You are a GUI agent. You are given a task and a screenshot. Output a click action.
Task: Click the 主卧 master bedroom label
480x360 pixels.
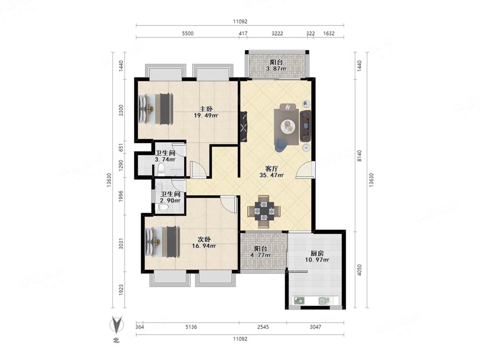click(206, 108)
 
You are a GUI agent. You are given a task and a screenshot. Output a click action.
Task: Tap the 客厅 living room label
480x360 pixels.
click(272, 168)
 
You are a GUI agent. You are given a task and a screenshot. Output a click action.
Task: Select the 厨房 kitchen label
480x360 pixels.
click(317, 253)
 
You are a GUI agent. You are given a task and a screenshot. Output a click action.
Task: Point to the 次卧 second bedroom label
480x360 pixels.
click(204, 240)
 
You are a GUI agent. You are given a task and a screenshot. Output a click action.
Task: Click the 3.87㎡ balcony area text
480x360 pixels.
click(276, 69)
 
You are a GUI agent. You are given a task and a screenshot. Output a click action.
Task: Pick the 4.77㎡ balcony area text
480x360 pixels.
click(260, 255)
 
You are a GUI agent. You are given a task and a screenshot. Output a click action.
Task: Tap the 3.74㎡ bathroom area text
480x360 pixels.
click(165, 159)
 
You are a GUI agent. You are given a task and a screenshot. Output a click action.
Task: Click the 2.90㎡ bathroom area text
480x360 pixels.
click(170, 201)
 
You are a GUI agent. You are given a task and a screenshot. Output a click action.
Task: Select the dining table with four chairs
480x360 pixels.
click(264, 211)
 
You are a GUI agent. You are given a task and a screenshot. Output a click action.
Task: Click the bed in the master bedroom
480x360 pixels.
click(156, 109)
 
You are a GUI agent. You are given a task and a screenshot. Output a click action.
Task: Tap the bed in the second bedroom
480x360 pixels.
click(162, 241)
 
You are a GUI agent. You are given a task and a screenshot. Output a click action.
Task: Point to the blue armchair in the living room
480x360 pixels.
click(280, 145)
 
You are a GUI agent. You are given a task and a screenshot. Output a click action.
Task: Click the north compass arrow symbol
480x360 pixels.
click(117, 324)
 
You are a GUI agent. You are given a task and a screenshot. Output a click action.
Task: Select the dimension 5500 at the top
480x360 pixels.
click(188, 34)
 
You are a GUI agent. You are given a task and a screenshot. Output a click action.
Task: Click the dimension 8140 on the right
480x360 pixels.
click(360, 156)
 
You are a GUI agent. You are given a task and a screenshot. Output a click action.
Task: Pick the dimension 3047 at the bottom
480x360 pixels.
click(315, 327)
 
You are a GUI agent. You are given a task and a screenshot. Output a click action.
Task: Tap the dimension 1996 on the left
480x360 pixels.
click(121, 196)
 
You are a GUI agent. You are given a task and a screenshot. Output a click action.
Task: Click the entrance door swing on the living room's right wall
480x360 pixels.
click(305, 169)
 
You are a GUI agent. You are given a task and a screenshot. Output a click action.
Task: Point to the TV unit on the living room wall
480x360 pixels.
click(244, 126)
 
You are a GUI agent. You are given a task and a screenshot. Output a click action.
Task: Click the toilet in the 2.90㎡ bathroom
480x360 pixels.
click(162, 208)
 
